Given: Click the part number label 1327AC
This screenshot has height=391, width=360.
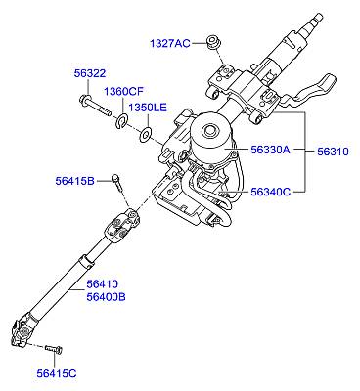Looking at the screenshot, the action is click(169, 43).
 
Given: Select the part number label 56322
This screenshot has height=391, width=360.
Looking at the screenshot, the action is click(90, 73).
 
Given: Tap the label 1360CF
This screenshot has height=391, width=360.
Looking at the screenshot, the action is click(124, 92).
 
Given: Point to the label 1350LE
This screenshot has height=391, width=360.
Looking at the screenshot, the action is click(148, 108).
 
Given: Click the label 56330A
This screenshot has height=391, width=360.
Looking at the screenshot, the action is click(270, 150).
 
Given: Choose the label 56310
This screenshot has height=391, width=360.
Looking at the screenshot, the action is click(333, 152).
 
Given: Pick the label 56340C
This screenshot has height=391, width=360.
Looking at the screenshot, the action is click(270, 192).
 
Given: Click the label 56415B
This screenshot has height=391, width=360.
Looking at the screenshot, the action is click(74, 181).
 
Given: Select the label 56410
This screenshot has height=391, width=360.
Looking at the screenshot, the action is click(102, 284).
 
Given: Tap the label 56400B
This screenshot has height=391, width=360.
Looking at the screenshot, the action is click(106, 297).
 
